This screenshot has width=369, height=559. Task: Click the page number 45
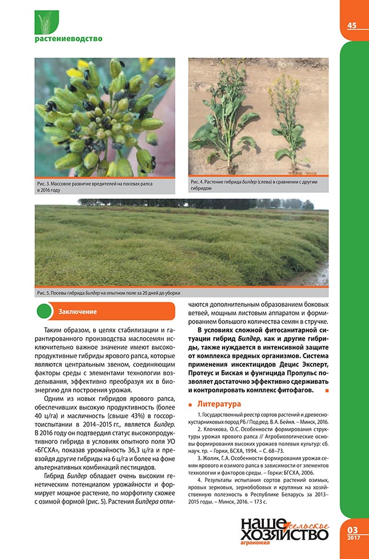tap(352, 25)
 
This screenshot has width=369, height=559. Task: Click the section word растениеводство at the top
tap(68, 39)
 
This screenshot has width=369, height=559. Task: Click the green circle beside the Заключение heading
tap(45, 311)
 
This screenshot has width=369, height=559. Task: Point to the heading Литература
tap(219, 404)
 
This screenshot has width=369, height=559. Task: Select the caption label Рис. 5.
tap(45, 293)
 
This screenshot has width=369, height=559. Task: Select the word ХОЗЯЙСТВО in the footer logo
tap(284, 534)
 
